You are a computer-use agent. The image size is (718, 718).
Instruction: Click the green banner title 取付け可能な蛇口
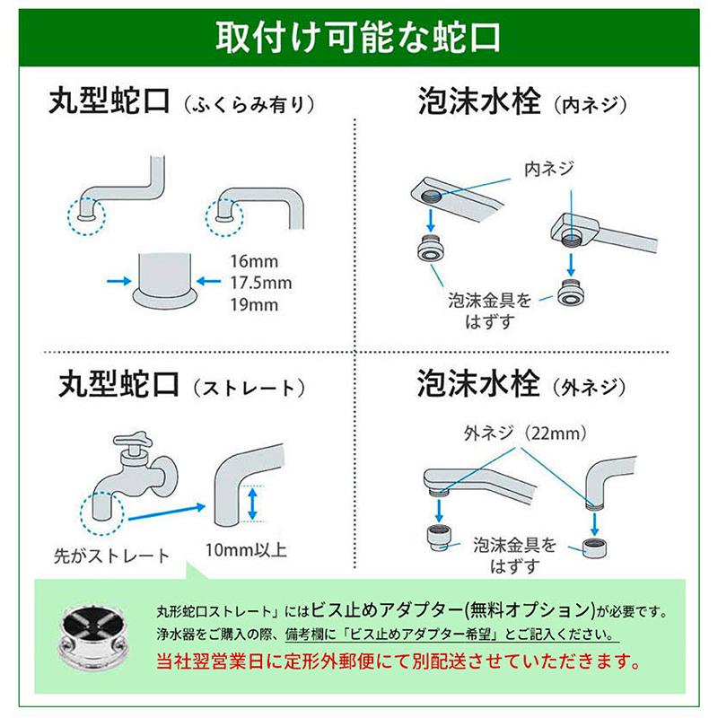pyautogui.click(x=358, y=40)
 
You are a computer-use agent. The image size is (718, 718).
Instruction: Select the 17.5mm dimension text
pyautogui.click(x=260, y=283)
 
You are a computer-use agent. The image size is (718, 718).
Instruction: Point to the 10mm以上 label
pyautogui.click(x=248, y=548)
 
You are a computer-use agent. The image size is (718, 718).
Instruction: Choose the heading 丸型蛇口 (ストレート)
pyautogui.click(x=179, y=387)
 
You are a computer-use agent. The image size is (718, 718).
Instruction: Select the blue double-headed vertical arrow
pyautogui.click(x=254, y=503)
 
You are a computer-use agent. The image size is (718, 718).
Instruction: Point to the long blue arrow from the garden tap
pyautogui.click(x=166, y=512)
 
